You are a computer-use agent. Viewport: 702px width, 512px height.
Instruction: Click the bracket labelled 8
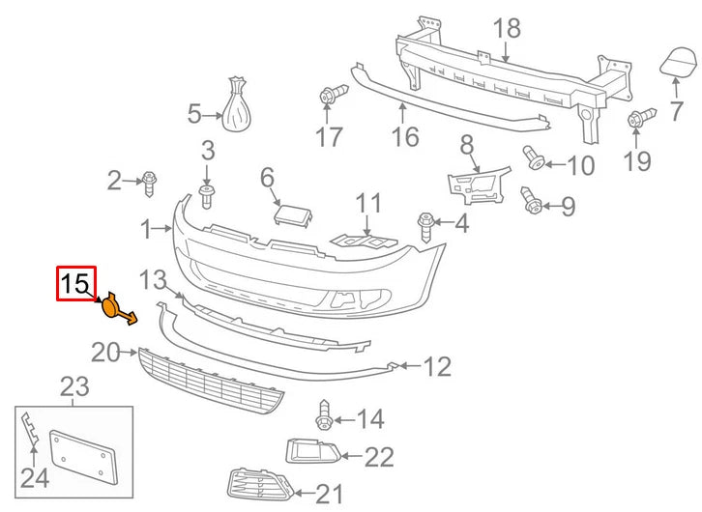pyautogui.click(x=478, y=183)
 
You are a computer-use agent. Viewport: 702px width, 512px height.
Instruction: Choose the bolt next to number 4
pyautogui.click(x=425, y=226)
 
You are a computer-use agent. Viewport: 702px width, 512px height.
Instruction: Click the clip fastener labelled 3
pyautogui.click(x=206, y=196)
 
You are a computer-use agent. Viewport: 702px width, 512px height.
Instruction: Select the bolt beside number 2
pyautogui.click(x=149, y=179)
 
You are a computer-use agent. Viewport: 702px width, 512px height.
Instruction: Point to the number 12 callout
pyautogui.click(x=437, y=367)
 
